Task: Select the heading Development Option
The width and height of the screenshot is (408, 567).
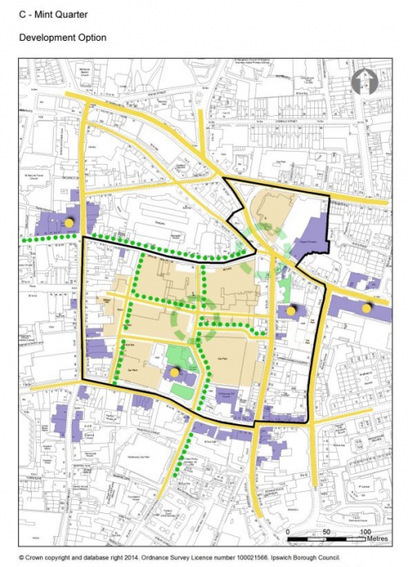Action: click(62, 38)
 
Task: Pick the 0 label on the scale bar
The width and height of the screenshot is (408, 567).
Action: click(289, 531)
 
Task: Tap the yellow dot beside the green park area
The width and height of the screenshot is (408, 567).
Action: click(175, 372)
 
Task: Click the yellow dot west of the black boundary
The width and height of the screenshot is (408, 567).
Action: click(69, 221)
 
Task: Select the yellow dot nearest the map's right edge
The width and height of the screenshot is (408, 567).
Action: click(366, 308)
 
